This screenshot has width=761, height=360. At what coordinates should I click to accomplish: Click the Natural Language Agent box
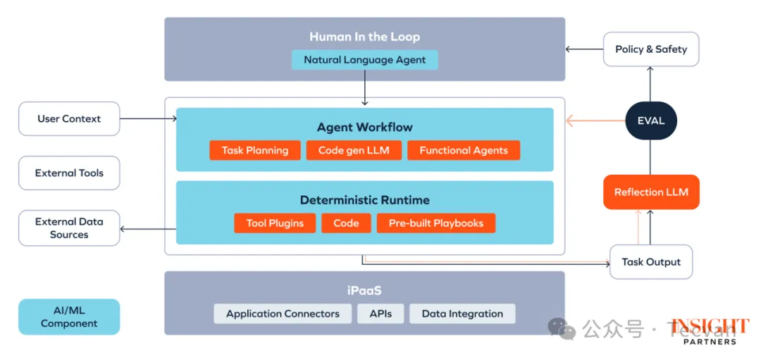point(364,60)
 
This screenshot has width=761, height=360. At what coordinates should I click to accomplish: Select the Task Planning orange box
point(254,150)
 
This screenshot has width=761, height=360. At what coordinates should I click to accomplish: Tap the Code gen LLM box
point(354,150)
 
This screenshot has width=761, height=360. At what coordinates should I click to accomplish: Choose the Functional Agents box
point(463,150)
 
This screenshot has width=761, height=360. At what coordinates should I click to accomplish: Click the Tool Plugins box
point(275,223)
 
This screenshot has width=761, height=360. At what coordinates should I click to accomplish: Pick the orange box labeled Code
point(346,223)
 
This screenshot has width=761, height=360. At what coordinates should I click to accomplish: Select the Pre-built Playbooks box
point(436,223)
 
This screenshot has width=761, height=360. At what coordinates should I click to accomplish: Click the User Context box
point(69,119)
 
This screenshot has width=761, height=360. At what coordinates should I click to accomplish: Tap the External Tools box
point(69,173)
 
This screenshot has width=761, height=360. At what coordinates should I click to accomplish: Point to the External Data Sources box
point(69,228)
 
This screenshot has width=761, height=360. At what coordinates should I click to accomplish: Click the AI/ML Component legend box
point(69,317)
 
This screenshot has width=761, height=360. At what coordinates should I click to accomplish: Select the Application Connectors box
point(283,314)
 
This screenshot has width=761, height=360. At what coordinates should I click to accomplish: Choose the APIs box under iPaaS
point(380,314)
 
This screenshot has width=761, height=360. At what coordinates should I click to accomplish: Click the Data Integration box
point(462,314)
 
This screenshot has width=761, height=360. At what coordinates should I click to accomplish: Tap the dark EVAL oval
point(650,120)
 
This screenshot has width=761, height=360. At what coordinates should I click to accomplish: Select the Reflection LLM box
point(651,192)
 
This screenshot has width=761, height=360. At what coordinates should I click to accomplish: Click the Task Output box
point(651,262)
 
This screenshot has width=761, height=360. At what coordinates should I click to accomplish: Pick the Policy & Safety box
point(651,49)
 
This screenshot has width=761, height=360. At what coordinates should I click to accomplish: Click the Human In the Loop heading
point(364,37)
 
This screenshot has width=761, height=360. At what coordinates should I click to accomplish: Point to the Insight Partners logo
point(710,331)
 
